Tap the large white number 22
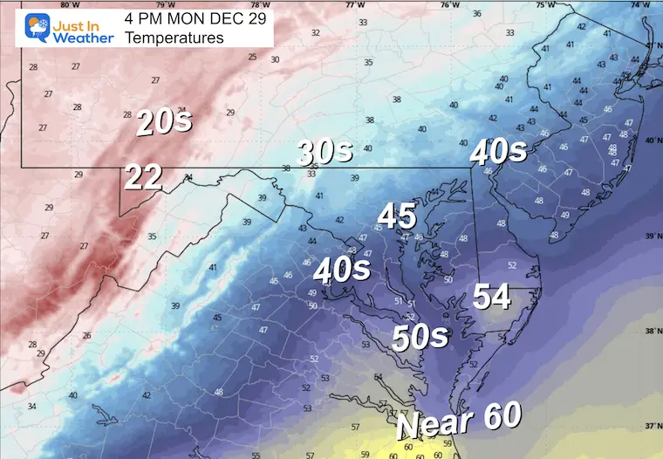point(143,177)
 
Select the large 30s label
point(325,152)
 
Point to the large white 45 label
point(396,216)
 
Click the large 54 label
point(491,297)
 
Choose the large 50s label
point(420,337)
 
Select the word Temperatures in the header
point(174,38)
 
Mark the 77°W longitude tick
point(355,4)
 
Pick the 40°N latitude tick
point(652,140)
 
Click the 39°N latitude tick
point(652,236)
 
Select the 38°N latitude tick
point(652,331)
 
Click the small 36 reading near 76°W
point(476,14)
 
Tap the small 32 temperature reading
point(315,33)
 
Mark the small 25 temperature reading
point(252,58)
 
